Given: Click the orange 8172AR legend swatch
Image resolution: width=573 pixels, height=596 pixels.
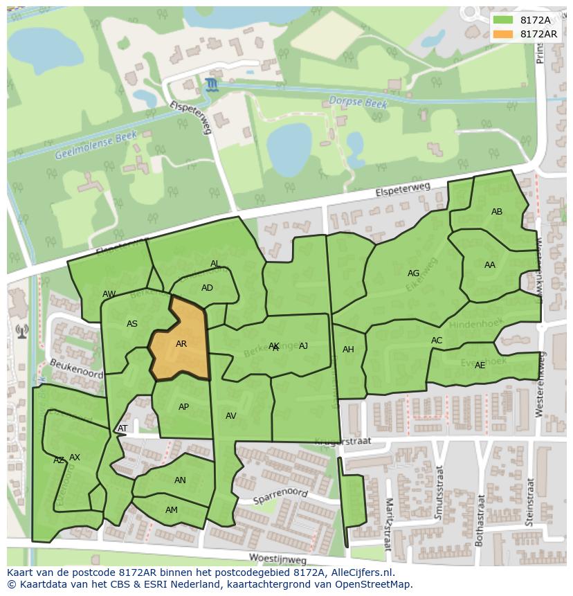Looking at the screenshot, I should (x=504, y=34).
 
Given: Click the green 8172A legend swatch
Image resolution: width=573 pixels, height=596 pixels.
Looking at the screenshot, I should (x=504, y=20).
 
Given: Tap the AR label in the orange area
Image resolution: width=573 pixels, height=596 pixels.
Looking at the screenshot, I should (x=181, y=344).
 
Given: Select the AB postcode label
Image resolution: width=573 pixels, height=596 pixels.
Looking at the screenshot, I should (x=497, y=212).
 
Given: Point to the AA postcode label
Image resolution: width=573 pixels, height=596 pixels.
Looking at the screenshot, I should (x=490, y=265).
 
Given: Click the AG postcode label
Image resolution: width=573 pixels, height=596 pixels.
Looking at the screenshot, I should (x=414, y=273).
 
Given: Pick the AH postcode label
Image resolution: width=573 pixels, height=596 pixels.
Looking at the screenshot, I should (x=348, y=350).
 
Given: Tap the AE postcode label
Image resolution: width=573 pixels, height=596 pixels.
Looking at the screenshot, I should (x=480, y=365).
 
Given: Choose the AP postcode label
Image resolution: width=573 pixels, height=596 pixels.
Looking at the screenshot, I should (x=183, y=407).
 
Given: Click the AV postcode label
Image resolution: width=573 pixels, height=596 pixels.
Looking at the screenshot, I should (x=231, y=416).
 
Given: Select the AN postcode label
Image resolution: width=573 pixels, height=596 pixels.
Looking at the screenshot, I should (x=180, y=480).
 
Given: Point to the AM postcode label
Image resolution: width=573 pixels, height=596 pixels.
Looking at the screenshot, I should (x=172, y=510).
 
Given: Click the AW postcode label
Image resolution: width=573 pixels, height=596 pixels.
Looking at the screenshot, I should (x=109, y=294).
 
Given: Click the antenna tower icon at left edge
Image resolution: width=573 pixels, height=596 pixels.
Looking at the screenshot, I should (x=21, y=332).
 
